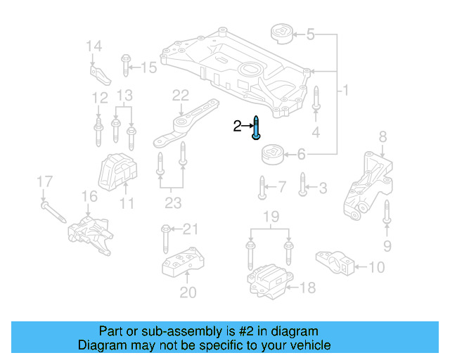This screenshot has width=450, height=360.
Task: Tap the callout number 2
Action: click(237, 127)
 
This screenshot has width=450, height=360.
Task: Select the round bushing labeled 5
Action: click(281, 34)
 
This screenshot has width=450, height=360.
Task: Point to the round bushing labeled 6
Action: click(272, 153)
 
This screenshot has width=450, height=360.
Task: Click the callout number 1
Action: click(345, 91)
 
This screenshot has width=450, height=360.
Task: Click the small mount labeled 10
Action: click(335, 262)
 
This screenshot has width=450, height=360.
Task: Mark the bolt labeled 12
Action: click(98, 130)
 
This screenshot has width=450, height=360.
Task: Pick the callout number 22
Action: click(181, 94)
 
